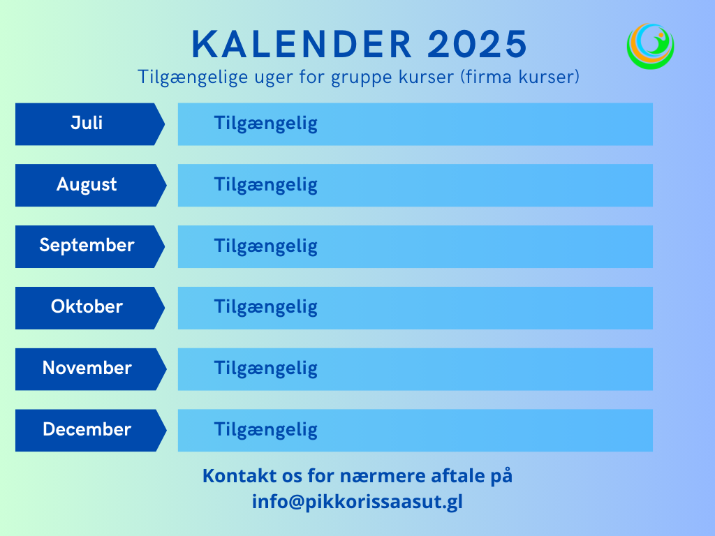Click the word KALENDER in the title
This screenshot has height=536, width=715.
click(302, 44)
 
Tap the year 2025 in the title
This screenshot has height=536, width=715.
click(478, 44)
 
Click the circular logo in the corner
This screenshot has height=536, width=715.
click(650, 46)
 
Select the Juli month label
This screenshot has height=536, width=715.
click(87, 123)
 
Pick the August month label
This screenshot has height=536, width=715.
click(87, 184)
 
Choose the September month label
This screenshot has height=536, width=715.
click(87, 246)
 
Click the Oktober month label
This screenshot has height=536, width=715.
click(87, 307)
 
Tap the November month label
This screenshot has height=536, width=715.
click(87, 368)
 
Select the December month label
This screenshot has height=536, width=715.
click(87, 429)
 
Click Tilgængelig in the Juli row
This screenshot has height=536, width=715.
click(266, 124)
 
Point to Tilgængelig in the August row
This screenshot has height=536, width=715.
click(266, 186)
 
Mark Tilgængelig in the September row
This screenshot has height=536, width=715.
click(266, 246)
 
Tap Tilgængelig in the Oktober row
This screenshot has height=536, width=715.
click(266, 308)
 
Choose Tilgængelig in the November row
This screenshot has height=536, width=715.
click(266, 368)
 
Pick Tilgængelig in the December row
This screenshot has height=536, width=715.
click(266, 430)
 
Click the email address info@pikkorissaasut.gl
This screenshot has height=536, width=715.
click(357, 502)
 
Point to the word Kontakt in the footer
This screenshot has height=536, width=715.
click(239, 476)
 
